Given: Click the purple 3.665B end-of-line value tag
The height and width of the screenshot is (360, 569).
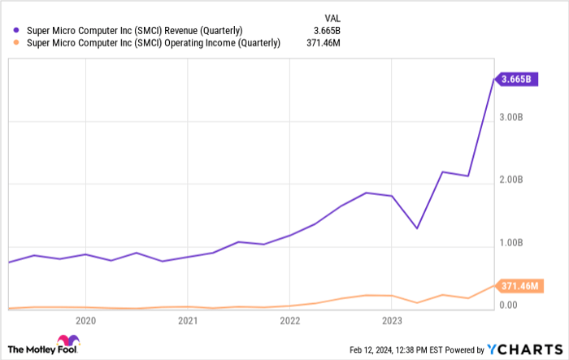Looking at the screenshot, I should [516, 79].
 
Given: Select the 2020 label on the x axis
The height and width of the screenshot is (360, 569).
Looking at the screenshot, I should [85, 319].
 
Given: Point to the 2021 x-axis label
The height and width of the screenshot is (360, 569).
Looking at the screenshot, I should [188, 319].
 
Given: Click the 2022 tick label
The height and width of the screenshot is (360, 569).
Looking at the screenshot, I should [290, 319].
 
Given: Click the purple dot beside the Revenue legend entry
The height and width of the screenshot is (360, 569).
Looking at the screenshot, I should [16, 31].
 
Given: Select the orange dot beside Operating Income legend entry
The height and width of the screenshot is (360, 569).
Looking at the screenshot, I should [16, 44].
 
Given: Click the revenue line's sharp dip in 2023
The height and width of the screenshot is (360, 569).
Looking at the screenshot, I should [417, 228].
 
